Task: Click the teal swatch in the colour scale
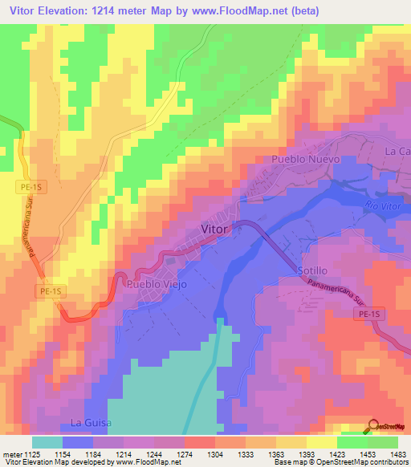pyautogui.click(x=47, y=442)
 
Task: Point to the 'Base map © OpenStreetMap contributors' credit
pyautogui.click(x=340, y=462)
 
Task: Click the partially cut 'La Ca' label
pyautogui.click(x=397, y=151)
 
